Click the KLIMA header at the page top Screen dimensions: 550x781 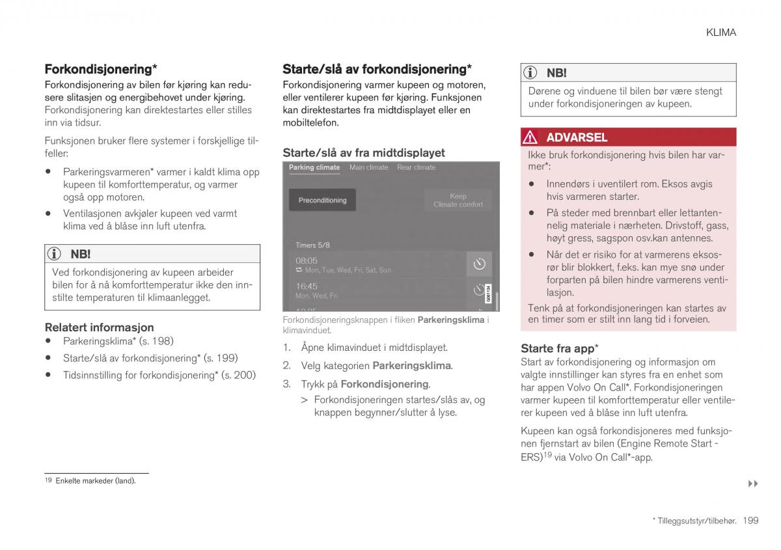(x=720, y=32)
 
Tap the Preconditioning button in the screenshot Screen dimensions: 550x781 (x=322, y=200)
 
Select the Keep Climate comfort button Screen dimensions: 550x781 (x=458, y=200)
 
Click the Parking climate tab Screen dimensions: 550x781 (x=314, y=168)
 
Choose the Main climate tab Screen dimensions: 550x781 (x=368, y=168)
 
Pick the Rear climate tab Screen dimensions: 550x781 (x=416, y=168)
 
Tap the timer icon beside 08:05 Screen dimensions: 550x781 (x=480, y=264)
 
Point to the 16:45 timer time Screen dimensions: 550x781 (x=307, y=286)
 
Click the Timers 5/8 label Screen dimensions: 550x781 (x=312, y=245)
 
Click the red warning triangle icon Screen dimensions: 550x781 (x=530, y=137)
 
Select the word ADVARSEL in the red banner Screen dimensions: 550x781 (x=577, y=137)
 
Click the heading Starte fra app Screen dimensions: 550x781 (x=560, y=348)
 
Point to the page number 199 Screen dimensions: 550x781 (x=750, y=520)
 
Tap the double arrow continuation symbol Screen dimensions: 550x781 (x=753, y=484)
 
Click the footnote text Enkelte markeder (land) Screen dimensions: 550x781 (x=95, y=481)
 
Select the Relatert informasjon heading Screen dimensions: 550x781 (x=99, y=327)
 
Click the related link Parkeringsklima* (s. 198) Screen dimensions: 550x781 (x=118, y=341)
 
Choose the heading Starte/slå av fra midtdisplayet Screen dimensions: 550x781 (x=363, y=153)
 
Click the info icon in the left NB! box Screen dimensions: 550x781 (x=57, y=254)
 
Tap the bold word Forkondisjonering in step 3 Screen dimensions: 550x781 (x=384, y=384)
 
